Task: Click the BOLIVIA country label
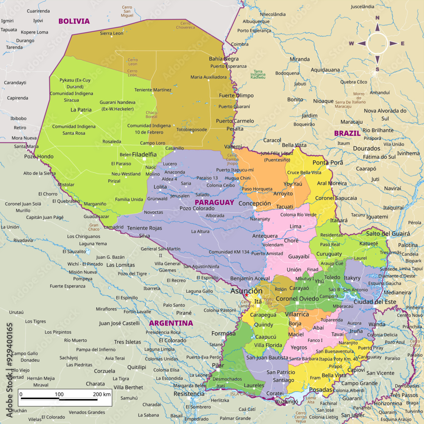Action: click(74, 21)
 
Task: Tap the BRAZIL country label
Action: click(347, 133)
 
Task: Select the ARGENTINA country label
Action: click(170, 323)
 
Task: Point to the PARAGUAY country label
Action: click(215, 202)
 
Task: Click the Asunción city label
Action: click(246, 291)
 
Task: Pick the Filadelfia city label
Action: click(145, 155)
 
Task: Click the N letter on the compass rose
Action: click(377, 18)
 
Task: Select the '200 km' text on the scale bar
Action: click(101, 394)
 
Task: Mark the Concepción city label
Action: click(254, 204)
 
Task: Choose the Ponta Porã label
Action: click(328, 163)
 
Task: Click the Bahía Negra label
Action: click(224, 59)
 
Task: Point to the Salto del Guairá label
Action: click(388, 234)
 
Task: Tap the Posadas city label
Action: click(321, 390)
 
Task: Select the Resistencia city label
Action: click(189, 394)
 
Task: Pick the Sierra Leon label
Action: click(112, 33)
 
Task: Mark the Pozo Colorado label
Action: click(197, 208)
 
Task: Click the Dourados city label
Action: click(366, 148)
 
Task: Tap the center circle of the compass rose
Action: click(377, 43)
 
